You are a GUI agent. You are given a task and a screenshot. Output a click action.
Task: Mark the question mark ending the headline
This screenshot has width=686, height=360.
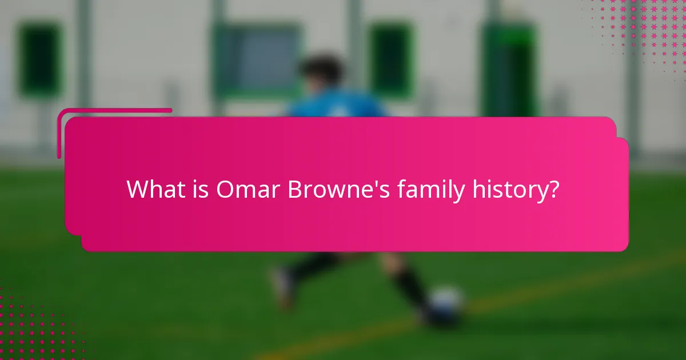point(552,189)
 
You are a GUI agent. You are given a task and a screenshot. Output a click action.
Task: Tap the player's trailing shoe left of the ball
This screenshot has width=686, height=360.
point(284,286)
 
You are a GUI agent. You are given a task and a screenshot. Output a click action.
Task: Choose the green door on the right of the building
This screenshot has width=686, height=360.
point(508,69)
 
